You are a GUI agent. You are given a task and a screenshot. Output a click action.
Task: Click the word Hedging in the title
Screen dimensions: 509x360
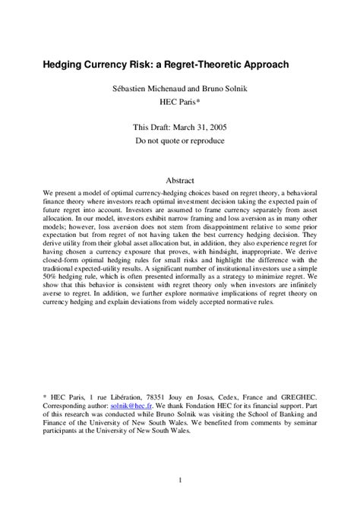click(64, 65)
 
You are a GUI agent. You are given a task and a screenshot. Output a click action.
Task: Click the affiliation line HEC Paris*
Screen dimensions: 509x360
click(180, 100)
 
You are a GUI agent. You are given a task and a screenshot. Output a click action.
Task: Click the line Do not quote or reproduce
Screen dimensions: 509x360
click(180, 141)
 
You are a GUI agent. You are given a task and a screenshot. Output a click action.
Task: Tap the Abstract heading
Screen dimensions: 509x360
click(180, 182)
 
